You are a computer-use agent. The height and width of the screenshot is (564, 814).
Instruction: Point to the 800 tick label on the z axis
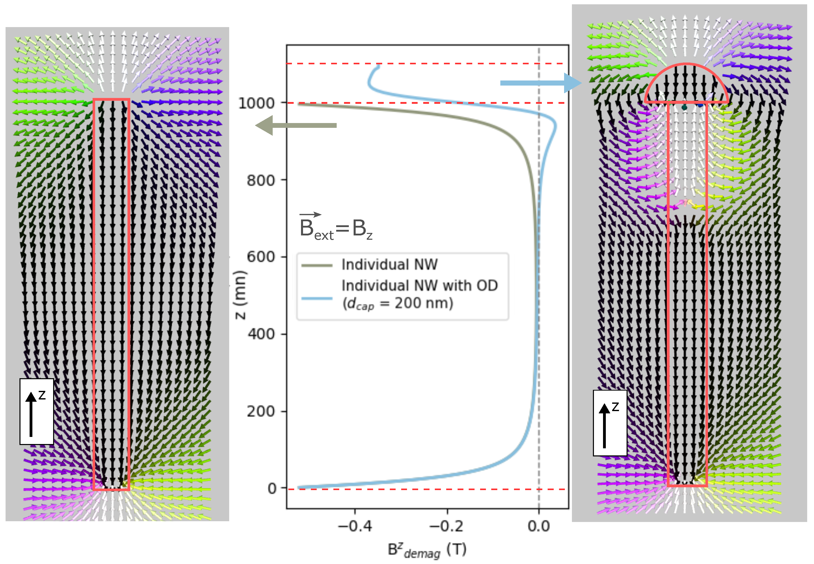[x=261, y=180]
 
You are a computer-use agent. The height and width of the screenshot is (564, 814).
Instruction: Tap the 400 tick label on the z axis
[x=261, y=334]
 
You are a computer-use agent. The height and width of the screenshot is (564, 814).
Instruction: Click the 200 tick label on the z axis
[x=261, y=411]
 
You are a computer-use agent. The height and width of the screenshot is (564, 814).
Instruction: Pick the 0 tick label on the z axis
[x=272, y=488]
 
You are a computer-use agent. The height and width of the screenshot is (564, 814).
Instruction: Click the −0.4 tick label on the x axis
[x=355, y=526]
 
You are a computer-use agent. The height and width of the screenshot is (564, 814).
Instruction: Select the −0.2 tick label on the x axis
[x=446, y=526]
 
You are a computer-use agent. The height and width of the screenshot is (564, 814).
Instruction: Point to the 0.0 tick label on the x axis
[x=539, y=526]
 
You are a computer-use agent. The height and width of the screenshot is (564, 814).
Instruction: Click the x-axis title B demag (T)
[x=426, y=550]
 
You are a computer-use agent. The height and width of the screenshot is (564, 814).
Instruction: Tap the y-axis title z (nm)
[x=240, y=295]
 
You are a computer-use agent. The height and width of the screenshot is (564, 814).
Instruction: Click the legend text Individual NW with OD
[x=419, y=286]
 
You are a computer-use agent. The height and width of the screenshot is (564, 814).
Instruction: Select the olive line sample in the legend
[x=317, y=265]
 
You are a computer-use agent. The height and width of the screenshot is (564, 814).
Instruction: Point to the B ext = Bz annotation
[x=335, y=228]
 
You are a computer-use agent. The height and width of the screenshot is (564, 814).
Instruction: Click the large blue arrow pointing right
[x=540, y=83]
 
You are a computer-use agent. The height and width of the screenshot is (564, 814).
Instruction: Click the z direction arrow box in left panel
[x=37, y=411]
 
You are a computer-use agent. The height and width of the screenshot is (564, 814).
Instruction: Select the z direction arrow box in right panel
[x=610, y=423]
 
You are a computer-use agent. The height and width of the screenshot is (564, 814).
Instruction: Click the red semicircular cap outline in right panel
[x=686, y=65]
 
